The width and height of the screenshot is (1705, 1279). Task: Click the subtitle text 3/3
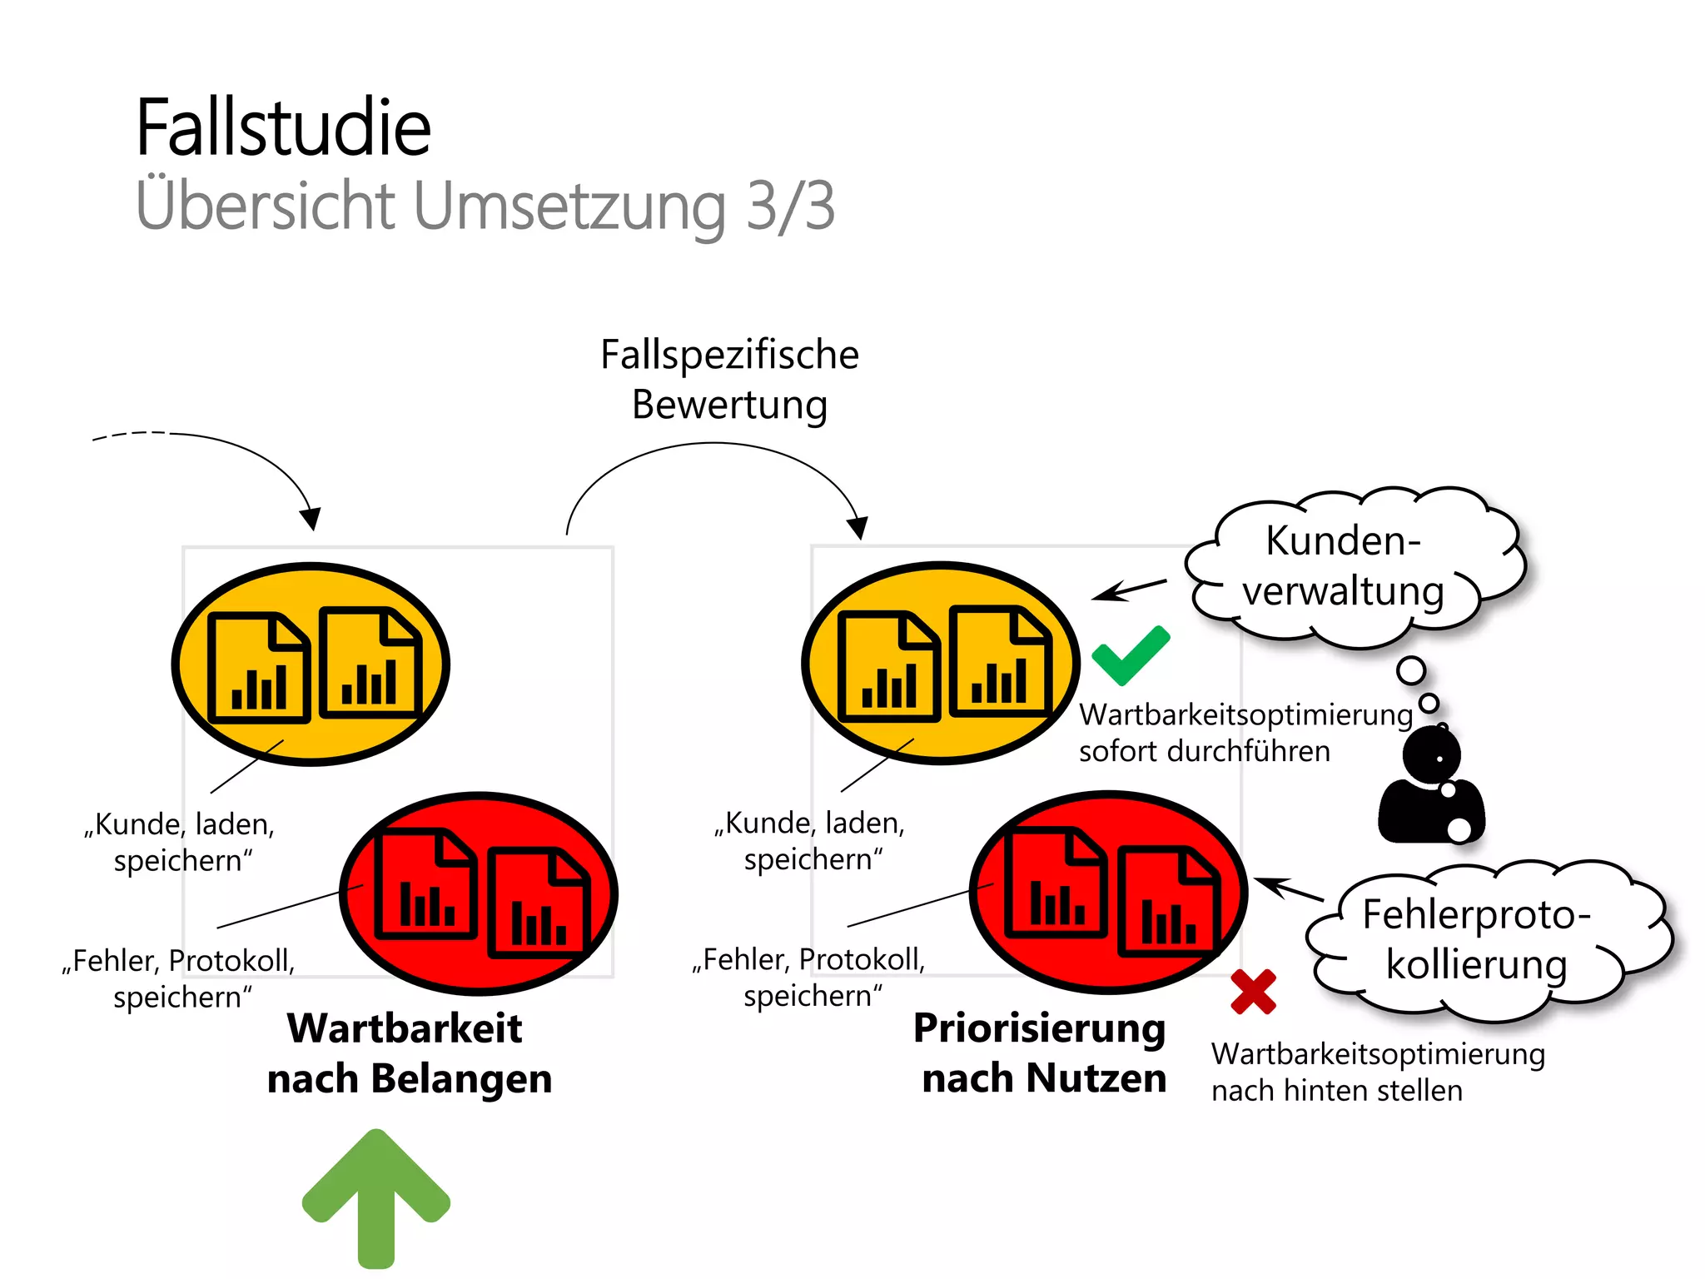pyautogui.click(x=789, y=207)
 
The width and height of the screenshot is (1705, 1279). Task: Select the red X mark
pyautogui.click(x=1253, y=992)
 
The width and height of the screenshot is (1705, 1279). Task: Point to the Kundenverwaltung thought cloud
pyautogui.click(x=1353, y=567)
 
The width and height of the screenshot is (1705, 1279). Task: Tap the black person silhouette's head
pyautogui.click(x=1431, y=754)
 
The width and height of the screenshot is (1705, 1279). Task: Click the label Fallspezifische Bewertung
pyautogui.click(x=729, y=380)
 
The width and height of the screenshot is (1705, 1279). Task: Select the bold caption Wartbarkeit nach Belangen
pyautogui.click(x=408, y=1053)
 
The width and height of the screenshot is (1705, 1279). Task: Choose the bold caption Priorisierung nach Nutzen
pyautogui.click(x=1041, y=1053)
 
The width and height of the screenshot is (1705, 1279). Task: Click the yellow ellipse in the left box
pyautogui.click(x=311, y=664)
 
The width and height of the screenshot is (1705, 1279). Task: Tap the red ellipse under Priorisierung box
pyautogui.click(x=1108, y=892)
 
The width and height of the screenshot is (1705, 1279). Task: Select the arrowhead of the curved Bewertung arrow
pyautogui.click(x=858, y=527)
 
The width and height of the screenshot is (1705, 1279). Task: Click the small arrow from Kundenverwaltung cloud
pyautogui.click(x=1129, y=590)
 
